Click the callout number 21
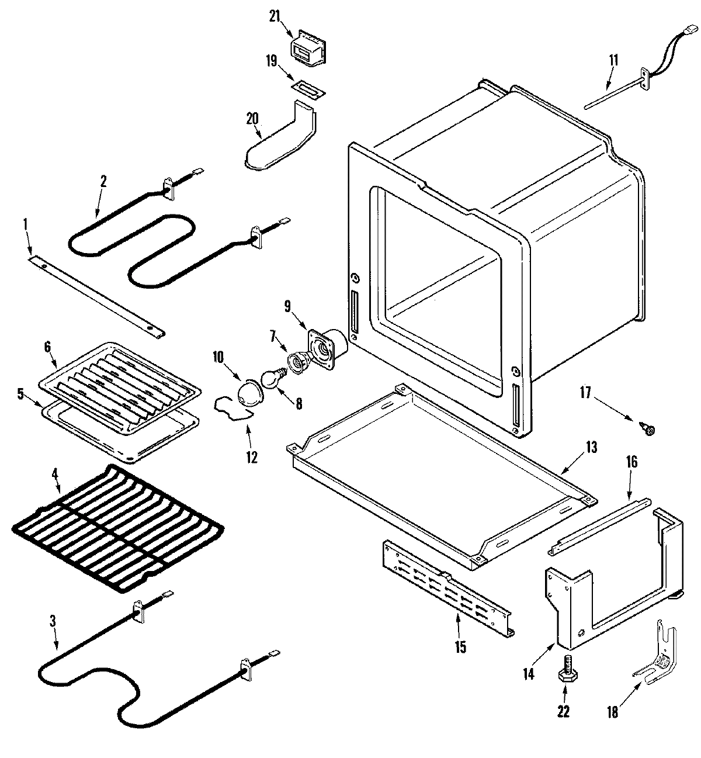[x=275, y=17]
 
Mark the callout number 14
[x=528, y=674]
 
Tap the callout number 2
[x=103, y=181]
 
